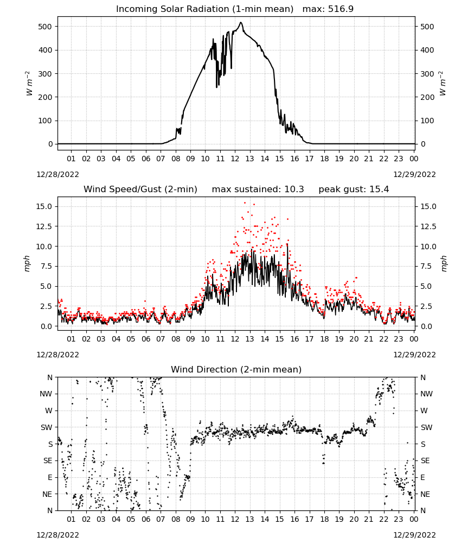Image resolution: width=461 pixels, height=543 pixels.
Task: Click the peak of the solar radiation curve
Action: click(x=241, y=22)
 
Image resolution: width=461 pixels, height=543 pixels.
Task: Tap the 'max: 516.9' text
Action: click(x=328, y=9)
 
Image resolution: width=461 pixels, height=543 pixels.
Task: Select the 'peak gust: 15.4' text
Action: click(x=354, y=189)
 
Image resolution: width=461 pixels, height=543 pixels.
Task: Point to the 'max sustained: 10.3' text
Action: click(x=258, y=189)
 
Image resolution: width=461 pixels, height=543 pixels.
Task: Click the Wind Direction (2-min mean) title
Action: click(x=236, y=369)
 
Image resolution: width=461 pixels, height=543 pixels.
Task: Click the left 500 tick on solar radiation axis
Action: click(x=45, y=27)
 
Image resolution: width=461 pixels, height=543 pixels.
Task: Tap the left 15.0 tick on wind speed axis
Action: click(x=44, y=206)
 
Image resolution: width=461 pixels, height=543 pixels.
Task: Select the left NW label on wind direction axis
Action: click(x=46, y=394)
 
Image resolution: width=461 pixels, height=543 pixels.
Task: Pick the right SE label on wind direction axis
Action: click(x=425, y=460)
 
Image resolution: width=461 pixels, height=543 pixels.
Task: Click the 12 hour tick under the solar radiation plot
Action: click(x=235, y=159)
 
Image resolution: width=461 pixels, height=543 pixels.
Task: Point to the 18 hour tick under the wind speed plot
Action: click(x=324, y=339)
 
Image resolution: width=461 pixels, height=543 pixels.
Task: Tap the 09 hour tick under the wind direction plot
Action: click(x=190, y=519)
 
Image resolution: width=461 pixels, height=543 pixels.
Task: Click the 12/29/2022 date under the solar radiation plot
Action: click(x=414, y=174)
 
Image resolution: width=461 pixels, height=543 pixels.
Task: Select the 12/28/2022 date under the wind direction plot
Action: click(x=57, y=535)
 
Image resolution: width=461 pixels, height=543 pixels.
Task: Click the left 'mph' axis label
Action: click(x=27, y=263)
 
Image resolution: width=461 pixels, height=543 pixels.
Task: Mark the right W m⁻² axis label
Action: click(x=443, y=84)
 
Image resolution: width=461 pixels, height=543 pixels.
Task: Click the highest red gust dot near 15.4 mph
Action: click(x=245, y=203)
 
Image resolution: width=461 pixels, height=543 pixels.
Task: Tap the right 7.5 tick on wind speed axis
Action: click(x=426, y=266)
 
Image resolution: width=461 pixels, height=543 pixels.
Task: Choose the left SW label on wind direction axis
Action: click(x=47, y=427)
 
